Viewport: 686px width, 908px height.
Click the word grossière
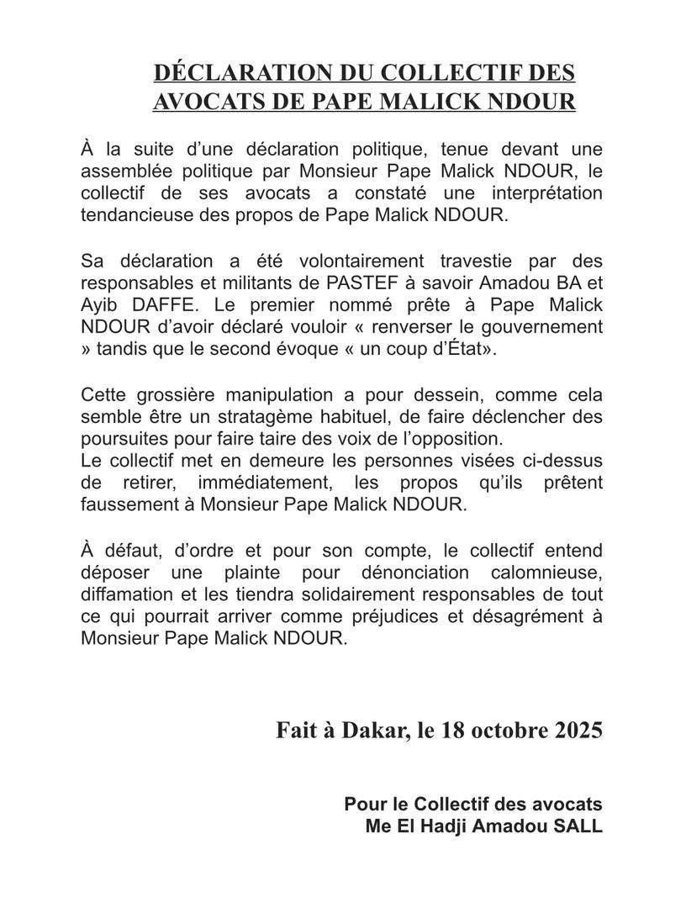161,394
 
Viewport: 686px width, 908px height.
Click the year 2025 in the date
578,730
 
